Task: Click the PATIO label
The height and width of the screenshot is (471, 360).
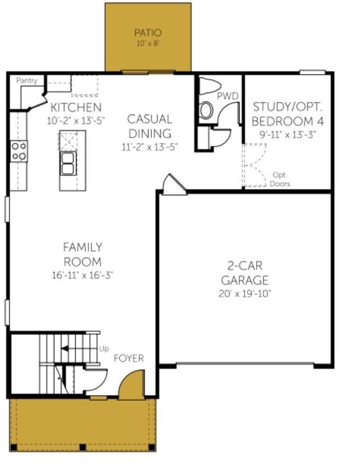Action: point(148,32)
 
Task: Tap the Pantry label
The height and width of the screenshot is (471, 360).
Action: point(26,80)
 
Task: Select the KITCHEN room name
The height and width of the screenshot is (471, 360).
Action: point(75,107)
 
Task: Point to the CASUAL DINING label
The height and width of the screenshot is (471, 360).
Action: point(149,126)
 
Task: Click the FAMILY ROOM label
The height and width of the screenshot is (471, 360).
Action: point(82,254)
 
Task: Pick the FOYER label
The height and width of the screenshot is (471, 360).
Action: point(129,358)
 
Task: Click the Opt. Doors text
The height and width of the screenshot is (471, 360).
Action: point(280,179)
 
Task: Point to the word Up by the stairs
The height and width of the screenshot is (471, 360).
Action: point(104,348)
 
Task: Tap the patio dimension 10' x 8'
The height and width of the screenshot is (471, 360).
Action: point(148,43)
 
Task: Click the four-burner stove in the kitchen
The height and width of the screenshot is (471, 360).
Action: point(19,151)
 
